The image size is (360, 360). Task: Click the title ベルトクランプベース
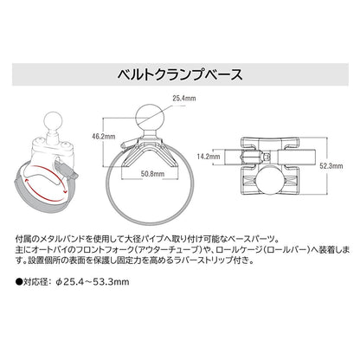[x=180, y=74]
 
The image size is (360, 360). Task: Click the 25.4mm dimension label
[x=184, y=99]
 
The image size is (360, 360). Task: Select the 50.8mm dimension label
[x=152, y=174]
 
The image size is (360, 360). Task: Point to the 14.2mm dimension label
[x=209, y=157]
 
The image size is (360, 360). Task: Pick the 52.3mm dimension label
[x=331, y=166]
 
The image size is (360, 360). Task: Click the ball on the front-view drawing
[x=151, y=118]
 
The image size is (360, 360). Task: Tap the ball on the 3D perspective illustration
[x=52, y=119]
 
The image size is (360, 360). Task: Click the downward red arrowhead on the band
[x=65, y=191]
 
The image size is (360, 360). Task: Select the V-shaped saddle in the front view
[x=151, y=153]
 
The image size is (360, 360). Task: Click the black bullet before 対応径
[x=19, y=281]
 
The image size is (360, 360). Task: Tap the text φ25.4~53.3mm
[x=93, y=281]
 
